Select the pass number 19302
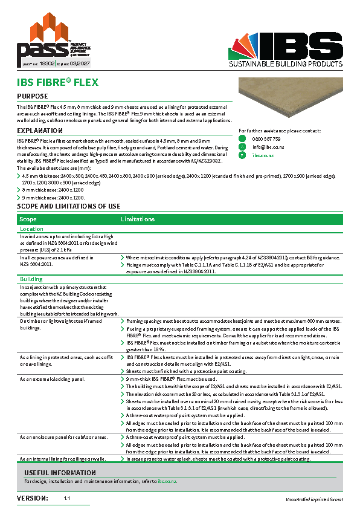tap(47, 62)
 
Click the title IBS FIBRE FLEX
tap(57, 82)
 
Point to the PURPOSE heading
tap(33, 97)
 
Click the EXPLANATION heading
tap(40, 131)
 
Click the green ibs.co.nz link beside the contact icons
tap(263, 155)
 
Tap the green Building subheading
tap(31, 280)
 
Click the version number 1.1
tap(67, 499)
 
